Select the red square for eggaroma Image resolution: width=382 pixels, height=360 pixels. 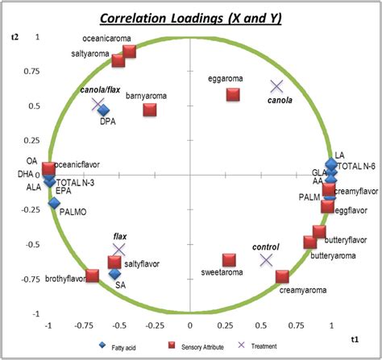click(233, 94)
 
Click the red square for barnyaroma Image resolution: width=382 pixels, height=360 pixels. click(150, 110)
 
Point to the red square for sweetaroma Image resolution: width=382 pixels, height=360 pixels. click(229, 259)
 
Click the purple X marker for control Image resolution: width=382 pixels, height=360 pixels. click(267, 259)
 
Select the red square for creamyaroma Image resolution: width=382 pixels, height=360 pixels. click(282, 276)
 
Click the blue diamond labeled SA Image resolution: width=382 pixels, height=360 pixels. click(114, 275)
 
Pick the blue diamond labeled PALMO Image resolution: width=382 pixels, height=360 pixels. click(55, 204)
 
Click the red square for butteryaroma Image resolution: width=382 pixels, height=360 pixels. click(310, 242)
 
